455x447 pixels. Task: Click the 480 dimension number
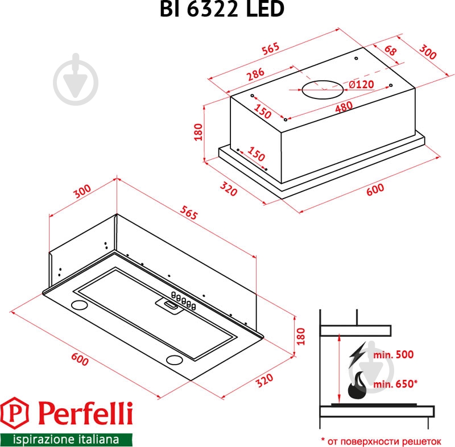pos(344,106)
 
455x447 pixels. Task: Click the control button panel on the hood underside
pos(181,302)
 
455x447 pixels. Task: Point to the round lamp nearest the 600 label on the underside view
pos(79,305)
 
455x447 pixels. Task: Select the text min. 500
pos(392,354)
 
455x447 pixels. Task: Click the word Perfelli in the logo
pos(85,413)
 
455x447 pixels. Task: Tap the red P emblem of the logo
pos(18,413)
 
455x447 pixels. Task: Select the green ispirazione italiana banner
pos(66,439)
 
